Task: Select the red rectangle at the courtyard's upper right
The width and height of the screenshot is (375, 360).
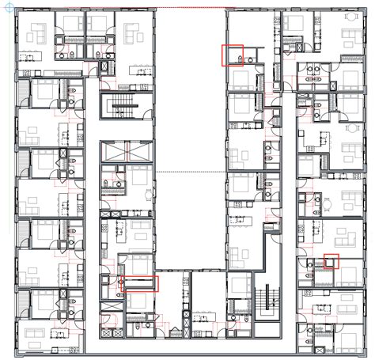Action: (233, 55)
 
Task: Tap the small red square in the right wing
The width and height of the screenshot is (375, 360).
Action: (331, 260)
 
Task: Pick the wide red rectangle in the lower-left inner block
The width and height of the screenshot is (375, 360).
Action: (140, 284)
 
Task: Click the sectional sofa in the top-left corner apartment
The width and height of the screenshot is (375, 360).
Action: (37, 33)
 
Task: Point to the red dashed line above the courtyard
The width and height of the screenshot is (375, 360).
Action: (190, 8)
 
